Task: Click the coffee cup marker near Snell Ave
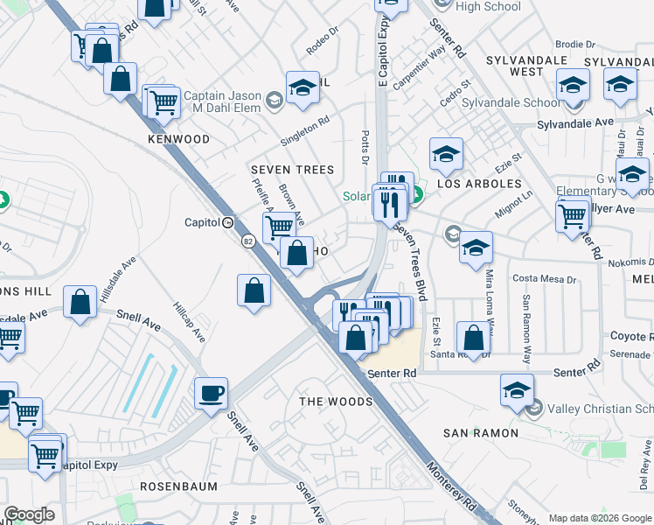tap(211, 393)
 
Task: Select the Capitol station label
tap(201, 222)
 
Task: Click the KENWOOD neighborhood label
tap(178, 139)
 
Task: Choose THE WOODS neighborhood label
tap(337, 402)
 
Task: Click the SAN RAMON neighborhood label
tap(480, 433)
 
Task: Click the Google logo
tap(29, 514)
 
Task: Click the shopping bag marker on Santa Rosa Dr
tap(473, 339)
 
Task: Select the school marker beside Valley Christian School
tap(517, 390)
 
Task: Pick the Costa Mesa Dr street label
tap(545, 279)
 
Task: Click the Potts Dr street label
tap(365, 146)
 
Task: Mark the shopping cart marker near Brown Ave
tap(279, 227)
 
